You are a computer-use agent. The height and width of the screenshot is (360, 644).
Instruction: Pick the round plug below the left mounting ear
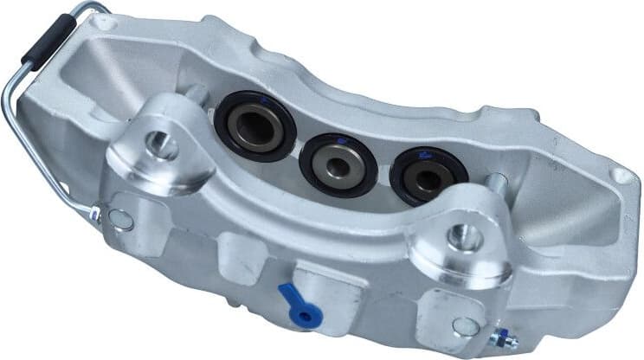tap(122, 219)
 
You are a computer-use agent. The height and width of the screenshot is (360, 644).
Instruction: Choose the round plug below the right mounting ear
tap(465, 326)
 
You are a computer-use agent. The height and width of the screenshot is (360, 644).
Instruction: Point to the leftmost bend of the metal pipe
tap(10, 95)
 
